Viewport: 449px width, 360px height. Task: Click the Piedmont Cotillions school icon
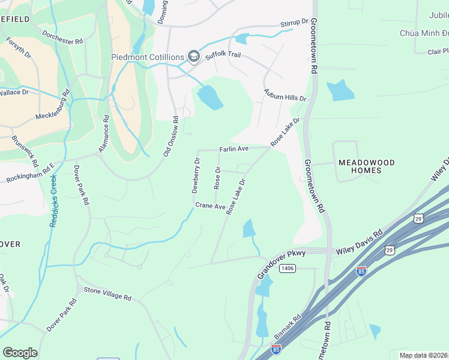click(x=193, y=57)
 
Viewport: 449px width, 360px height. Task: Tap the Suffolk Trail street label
click(x=222, y=54)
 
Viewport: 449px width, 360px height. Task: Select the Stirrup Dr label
click(x=294, y=23)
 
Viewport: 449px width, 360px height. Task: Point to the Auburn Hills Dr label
click(x=285, y=95)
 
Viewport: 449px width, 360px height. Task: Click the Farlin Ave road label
click(x=234, y=148)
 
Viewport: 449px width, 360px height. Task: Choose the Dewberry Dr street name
click(x=196, y=175)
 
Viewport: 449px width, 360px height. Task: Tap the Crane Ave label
click(x=209, y=206)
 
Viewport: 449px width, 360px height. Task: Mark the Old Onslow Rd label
click(x=171, y=140)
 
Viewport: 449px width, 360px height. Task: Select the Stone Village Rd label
click(x=107, y=293)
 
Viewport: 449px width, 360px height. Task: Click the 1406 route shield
click(x=287, y=268)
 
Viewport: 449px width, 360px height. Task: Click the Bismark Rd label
click(x=288, y=327)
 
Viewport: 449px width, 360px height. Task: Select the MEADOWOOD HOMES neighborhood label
click(x=367, y=166)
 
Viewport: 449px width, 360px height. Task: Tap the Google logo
click(x=20, y=352)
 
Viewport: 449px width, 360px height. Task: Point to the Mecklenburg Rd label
click(x=53, y=106)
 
